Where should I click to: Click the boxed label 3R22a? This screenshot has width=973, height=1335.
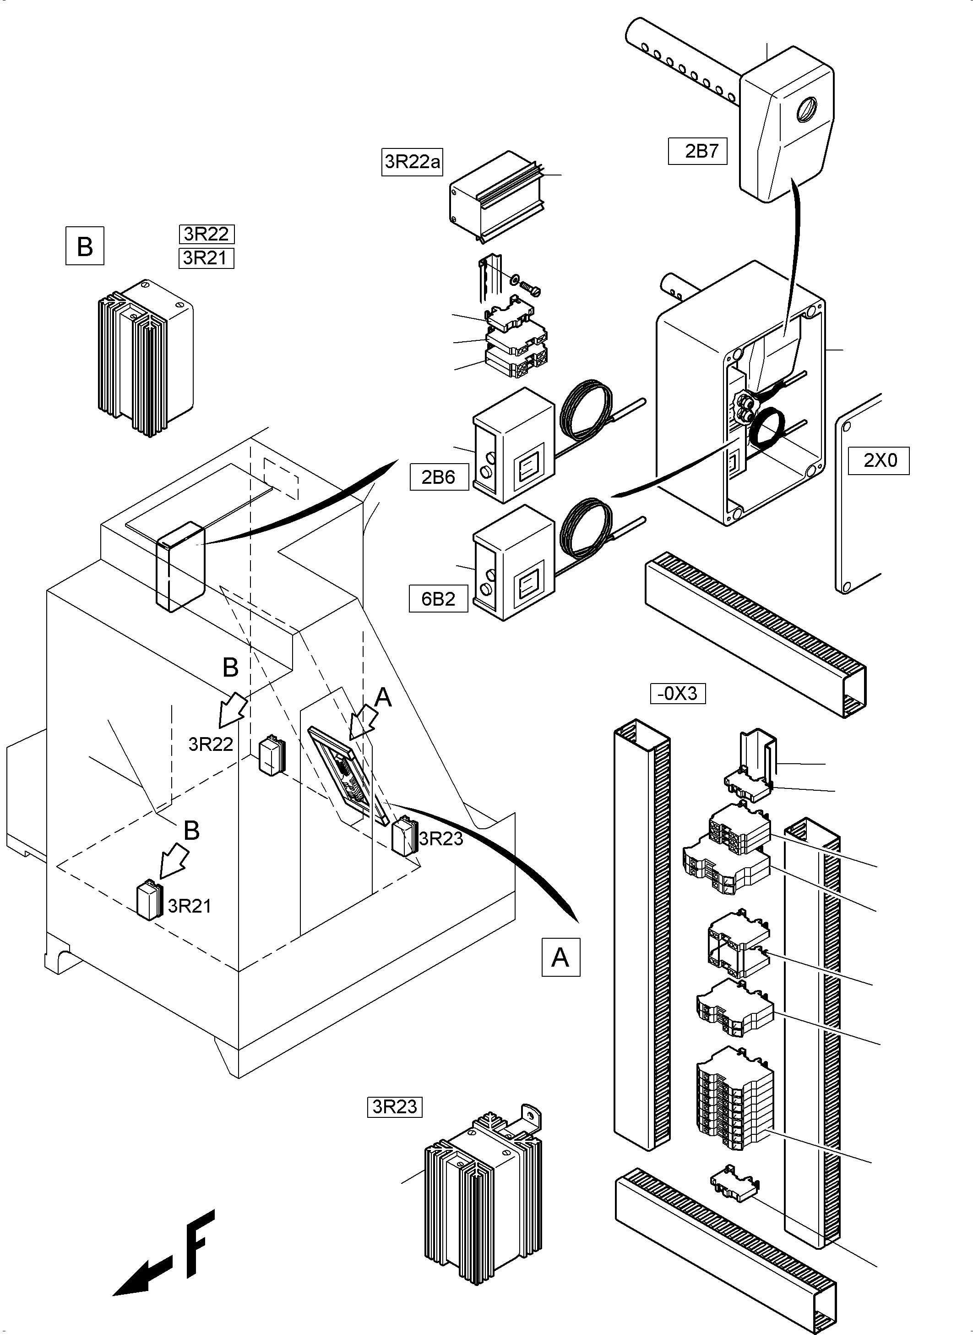(412, 162)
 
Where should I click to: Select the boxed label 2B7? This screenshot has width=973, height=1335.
(697, 151)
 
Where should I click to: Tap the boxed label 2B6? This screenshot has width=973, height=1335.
(439, 476)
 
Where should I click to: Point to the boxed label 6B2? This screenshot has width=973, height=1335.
(439, 599)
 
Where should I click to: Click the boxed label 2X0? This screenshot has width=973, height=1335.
(878, 461)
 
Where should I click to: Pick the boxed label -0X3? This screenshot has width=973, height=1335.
(677, 694)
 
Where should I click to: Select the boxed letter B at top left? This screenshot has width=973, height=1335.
(85, 246)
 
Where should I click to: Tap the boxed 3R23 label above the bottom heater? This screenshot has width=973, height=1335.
(395, 1107)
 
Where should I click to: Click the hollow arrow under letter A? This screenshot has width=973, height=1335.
(364, 723)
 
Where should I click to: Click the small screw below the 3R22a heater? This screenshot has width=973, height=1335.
(530, 289)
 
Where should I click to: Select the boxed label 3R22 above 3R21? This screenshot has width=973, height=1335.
(207, 235)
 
